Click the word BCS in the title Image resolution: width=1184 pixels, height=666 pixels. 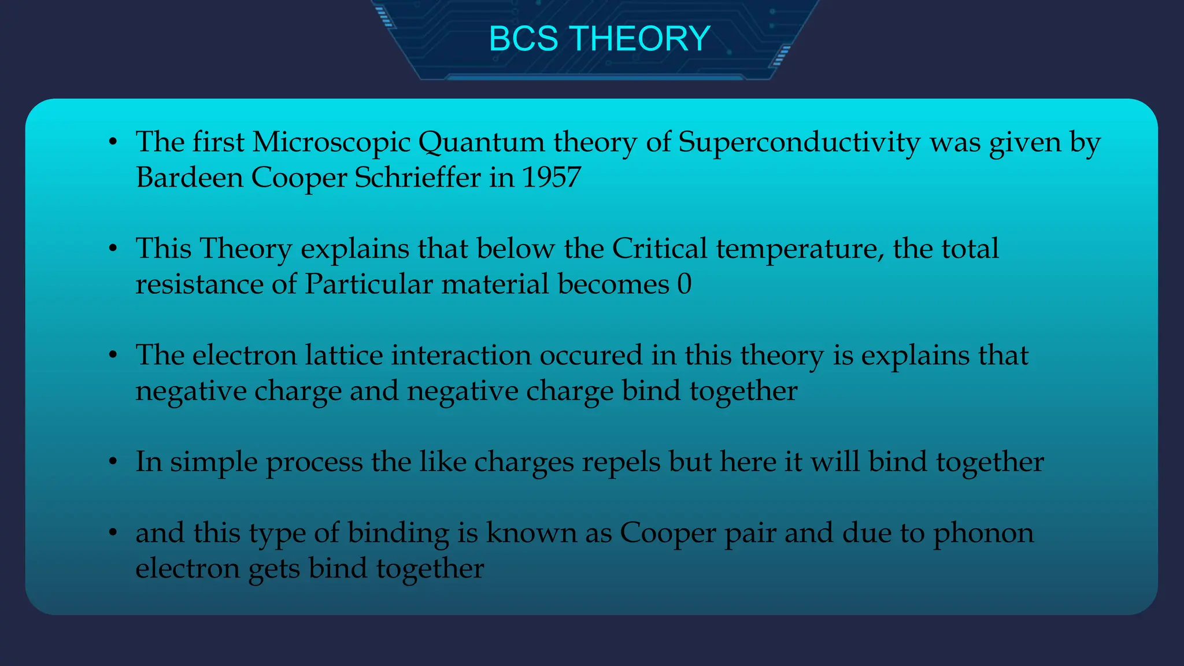tap(524, 39)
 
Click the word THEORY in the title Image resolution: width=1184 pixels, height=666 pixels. tap(641, 39)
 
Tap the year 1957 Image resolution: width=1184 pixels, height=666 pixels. tap(551, 177)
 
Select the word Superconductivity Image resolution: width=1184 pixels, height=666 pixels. tap(799, 142)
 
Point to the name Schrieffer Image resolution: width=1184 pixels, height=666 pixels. tap(417, 177)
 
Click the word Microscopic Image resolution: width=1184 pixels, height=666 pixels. tap(331, 142)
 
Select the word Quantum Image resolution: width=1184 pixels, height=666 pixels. tap(481, 142)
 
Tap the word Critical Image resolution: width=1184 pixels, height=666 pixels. tap(659, 249)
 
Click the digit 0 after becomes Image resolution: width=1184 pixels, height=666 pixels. tap(684, 284)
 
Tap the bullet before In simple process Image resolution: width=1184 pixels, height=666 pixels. tap(113, 462)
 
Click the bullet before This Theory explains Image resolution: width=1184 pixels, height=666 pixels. tap(113, 249)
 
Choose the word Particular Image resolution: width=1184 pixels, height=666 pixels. tap(368, 284)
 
